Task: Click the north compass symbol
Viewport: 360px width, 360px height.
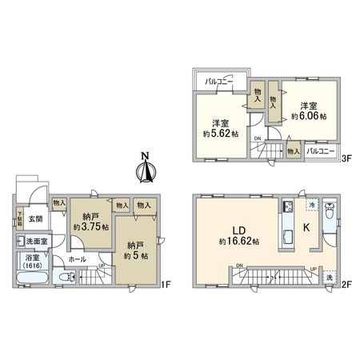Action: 146,168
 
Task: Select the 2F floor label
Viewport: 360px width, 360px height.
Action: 346,284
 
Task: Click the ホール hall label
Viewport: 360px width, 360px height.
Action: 78,259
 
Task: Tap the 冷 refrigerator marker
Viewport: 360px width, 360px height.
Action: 311,206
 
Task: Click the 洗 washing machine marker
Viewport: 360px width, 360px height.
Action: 329,277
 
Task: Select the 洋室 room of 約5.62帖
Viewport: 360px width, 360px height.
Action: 221,129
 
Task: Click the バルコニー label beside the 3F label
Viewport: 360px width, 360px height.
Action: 320,150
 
